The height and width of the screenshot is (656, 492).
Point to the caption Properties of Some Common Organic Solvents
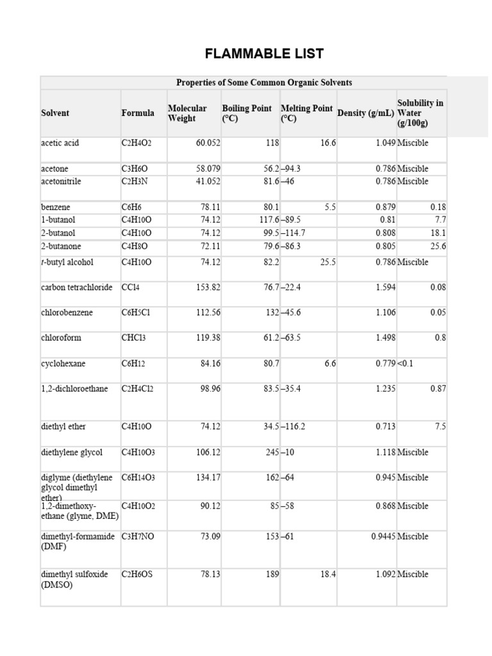264,83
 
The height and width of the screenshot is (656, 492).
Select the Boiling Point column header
247,113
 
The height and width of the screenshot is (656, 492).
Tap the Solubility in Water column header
420,113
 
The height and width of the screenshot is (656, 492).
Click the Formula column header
138,113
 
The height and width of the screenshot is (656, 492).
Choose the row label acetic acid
60,143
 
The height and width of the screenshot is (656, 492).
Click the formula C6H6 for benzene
131,208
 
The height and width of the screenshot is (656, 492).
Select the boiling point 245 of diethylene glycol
272,452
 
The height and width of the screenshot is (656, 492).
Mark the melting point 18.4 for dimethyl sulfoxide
327,575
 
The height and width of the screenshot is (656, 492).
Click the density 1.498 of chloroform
385,338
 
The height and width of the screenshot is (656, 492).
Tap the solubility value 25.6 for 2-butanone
438,246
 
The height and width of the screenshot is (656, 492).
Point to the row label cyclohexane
63,364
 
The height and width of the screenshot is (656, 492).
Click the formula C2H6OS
137,575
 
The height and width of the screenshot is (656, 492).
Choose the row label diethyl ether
63,427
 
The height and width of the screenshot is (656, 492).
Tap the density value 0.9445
383,537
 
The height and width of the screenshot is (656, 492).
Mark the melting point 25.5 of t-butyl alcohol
327,262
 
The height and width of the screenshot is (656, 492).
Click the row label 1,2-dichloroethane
74,389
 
